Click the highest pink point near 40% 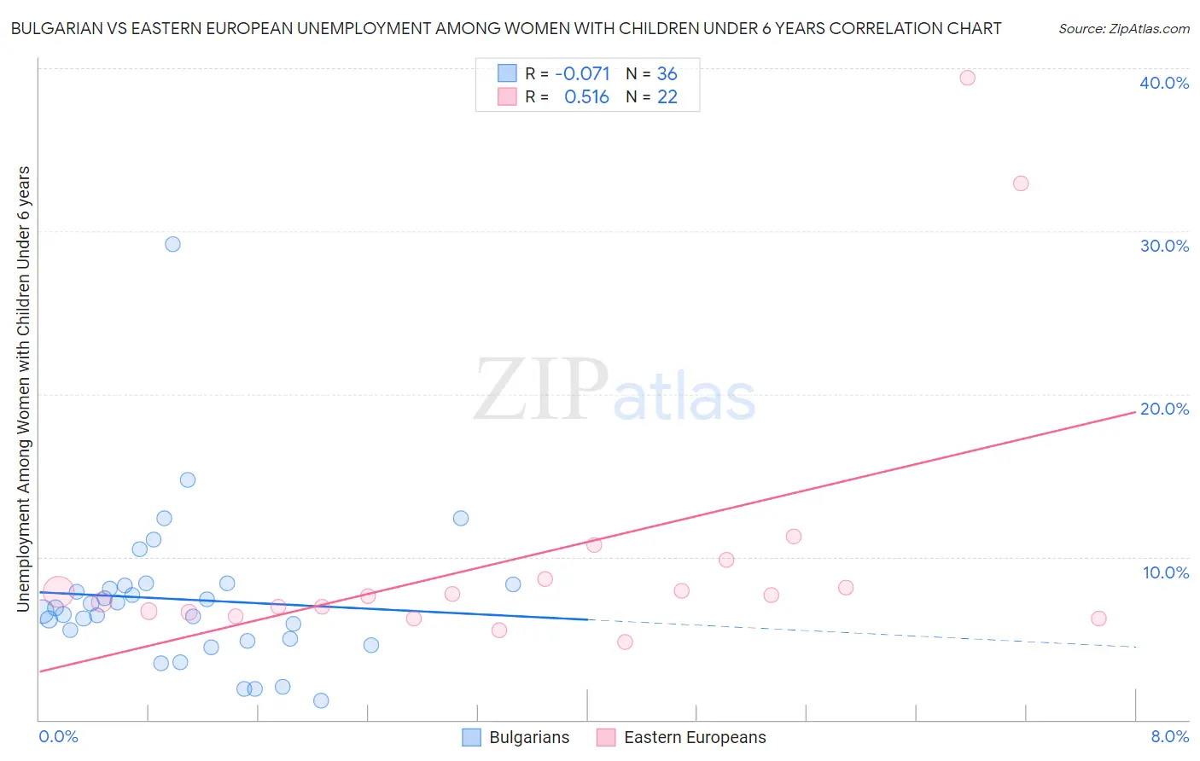pos(967,78)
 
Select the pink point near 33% pos(1021,183)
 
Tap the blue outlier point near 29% pos(172,244)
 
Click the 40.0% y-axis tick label pos(1164,83)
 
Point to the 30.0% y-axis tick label pos(1164,246)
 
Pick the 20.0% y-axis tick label pos(1164,409)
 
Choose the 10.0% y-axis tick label pos(1166,572)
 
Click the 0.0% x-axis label pos(58,736)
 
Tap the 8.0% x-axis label pos(1169,736)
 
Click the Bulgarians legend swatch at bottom pos(471,737)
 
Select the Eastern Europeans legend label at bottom pos(695,737)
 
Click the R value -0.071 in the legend pos(582,74)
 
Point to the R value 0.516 pos(586,97)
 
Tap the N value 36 pos(667,74)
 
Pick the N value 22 pos(667,97)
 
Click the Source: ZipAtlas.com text pos(1123,29)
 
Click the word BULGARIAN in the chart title pos(59,29)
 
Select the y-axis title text pos(24,388)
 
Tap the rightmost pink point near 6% pos(1098,619)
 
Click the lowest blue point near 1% pos(321,700)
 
